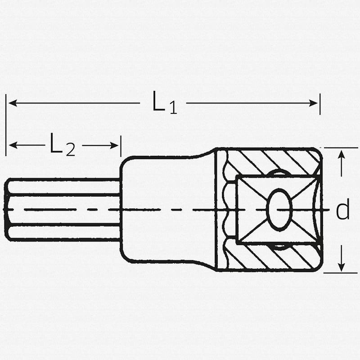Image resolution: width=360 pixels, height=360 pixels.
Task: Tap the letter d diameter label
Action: click(343, 210)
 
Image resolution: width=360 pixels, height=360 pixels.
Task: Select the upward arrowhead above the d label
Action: click(342, 154)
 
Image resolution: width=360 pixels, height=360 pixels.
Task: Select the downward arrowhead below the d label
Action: click(342, 265)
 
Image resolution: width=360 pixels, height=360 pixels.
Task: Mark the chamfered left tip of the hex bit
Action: click(9, 210)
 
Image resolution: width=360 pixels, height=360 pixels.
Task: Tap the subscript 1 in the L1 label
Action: click(173, 108)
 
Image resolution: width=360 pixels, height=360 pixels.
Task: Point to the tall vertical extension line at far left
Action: click(6, 126)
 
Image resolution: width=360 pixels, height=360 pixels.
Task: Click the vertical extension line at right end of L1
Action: click(319, 103)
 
